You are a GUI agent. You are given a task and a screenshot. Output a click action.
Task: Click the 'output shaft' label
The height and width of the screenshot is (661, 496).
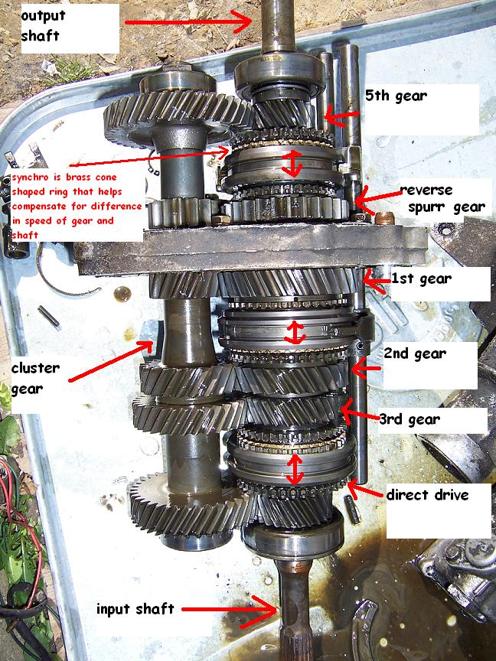click(x=43, y=26)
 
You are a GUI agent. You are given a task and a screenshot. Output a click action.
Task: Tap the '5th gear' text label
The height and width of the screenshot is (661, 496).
click(x=396, y=96)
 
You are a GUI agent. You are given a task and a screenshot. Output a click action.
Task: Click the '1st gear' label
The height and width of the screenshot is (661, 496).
click(x=421, y=278)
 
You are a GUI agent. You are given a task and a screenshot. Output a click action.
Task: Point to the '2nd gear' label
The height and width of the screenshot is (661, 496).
click(x=415, y=353)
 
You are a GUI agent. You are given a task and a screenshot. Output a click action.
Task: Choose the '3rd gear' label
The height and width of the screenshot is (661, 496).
click(x=410, y=419)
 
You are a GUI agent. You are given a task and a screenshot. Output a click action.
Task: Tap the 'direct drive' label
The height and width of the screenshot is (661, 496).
click(x=427, y=494)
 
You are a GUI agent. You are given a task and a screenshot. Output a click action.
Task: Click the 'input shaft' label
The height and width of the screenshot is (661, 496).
click(x=135, y=609)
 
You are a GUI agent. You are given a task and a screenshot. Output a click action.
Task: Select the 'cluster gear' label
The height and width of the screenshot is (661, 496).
click(x=35, y=378)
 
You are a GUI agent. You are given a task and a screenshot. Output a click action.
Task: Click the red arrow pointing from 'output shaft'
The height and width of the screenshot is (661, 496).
click(x=188, y=21)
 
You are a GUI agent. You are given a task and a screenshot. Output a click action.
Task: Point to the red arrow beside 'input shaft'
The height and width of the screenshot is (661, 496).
click(x=230, y=610)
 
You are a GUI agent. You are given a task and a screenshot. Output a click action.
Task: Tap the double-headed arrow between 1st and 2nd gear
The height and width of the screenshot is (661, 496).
click(x=295, y=333)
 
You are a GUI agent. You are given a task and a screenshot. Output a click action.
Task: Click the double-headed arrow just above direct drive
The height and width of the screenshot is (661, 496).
click(x=295, y=469)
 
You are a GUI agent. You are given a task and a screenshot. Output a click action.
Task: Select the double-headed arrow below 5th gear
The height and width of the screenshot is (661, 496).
click(x=292, y=164)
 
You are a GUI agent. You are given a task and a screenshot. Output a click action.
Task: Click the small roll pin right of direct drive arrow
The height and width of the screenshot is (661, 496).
click(x=352, y=510)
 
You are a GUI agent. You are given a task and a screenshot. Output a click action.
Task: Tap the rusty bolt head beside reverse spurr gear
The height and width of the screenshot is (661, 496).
click(x=383, y=218)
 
